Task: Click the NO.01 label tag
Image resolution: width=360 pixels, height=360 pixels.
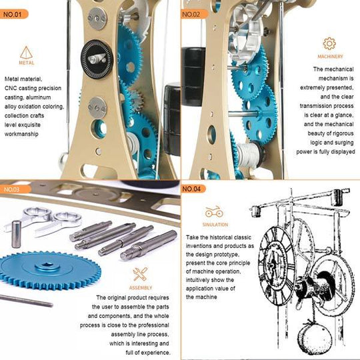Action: pyautogui.click(x=15, y=13)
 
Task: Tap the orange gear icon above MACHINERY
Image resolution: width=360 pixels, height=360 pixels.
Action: pyautogui.click(x=329, y=44)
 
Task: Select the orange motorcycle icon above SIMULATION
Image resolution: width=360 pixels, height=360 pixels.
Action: pyautogui.click(x=214, y=212)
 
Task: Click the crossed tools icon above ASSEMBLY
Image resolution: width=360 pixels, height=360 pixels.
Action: pyautogui.click(x=140, y=273)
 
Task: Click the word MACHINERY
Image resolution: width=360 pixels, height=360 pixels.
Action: pyautogui.click(x=330, y=57)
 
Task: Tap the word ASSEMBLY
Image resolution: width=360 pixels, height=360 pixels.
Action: pyautogui.click(x=140, y=287)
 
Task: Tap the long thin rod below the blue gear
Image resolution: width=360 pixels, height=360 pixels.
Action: pyautogui.click(x=27, y=301)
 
